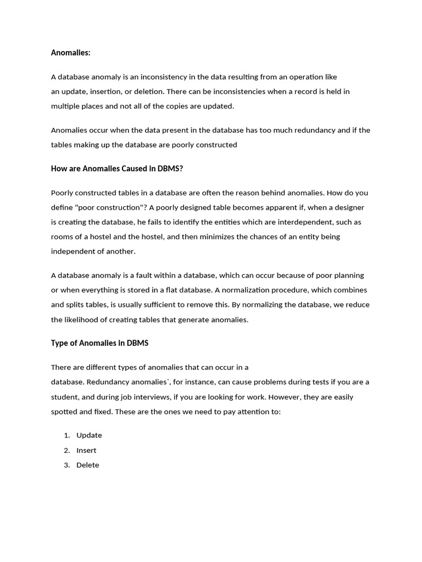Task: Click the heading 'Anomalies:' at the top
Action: pyautogui.click(x=70, y=53)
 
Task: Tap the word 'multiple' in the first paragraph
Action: pyautogui.click(x=65, y=106)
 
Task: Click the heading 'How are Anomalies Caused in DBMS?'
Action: pyautogui.click(x=116, y=168)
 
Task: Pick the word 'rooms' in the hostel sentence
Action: pyautogui.click(x=62, y=237)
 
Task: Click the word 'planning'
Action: pyautogui.click(x=344, y=276)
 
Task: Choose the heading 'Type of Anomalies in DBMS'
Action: pyautogui.click(x=99, y=343)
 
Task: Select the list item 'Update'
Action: pyautogui.click(x=89, y=435)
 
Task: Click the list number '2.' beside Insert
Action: pyautogui.click(x=67, y=450)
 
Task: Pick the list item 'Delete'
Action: pyautogui.click(x=88, y=465)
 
